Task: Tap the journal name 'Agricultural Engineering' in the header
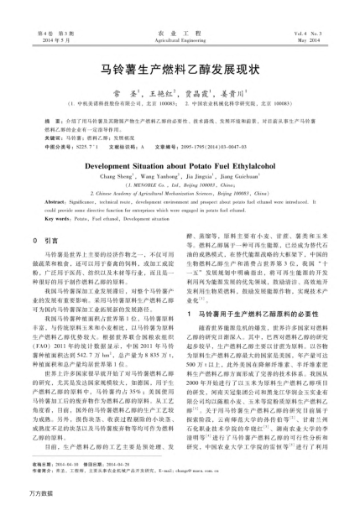(180, 39)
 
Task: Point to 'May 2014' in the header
(321, 39)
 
